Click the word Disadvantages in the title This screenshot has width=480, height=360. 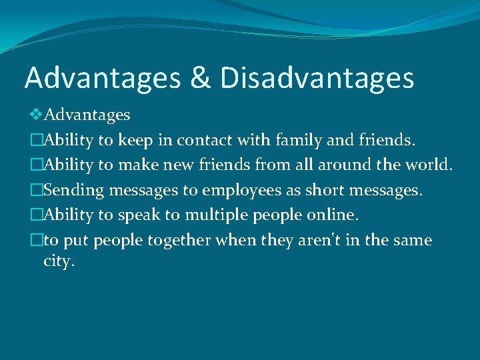tap(317, 78)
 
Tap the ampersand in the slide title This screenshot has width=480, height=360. tap(200, 78)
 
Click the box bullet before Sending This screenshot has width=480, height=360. tap(37, 191)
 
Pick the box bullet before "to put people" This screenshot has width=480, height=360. tap(37, 240)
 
